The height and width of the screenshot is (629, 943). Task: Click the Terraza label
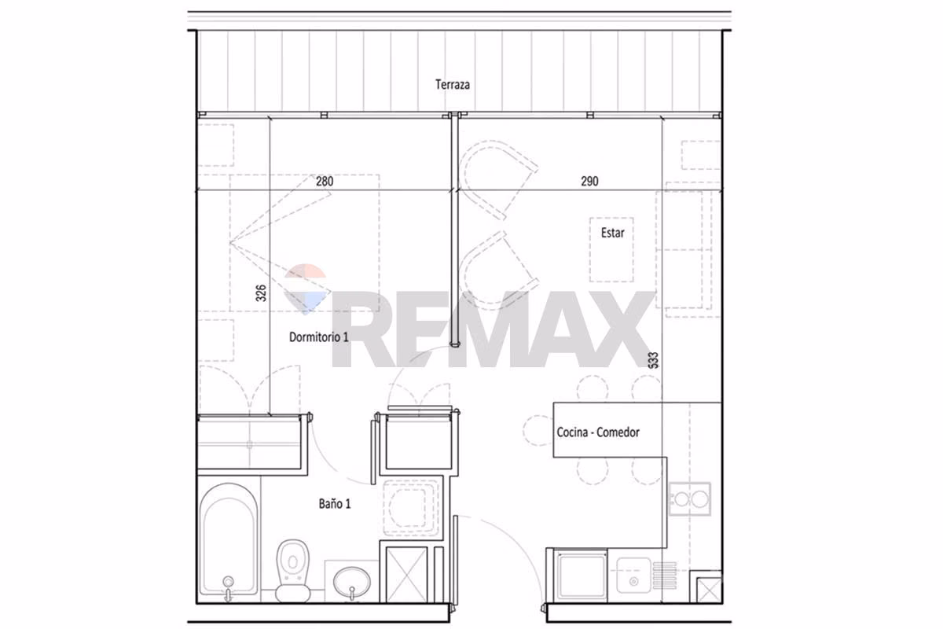pyautogui.click(x=452, y=85)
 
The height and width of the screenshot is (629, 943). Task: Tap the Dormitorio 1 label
pyautogui.click(x=319, y=337)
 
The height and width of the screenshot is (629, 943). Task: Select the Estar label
pyautogui.click(x=612, y=233)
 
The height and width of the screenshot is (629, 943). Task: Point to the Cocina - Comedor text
pyautogui.click(x=598, y=432)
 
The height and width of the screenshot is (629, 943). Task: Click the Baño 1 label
pyautogui.click(x=335, y=503)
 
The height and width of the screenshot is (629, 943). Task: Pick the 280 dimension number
pyautogui.click(x=325, y=181)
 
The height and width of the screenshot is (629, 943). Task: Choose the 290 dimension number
pyautogui.click(x=589, y=181)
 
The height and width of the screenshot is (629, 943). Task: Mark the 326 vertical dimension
pyautogui.click(x=261, y=293)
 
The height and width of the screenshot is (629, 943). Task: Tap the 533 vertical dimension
pyautogui.click(x=653, y=360)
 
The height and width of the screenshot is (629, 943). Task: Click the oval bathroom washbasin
pyautogui.click(x=352, y=583)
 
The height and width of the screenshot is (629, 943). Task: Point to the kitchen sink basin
pyautogui.click(x=633, y=575)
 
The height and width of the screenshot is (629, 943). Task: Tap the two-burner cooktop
pyautogui.click(x=690, y=499)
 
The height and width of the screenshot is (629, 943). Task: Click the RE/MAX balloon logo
pyautogui.click(x=306, y=289)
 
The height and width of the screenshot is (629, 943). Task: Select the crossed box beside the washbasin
pyautogui.click(x=407, y=574)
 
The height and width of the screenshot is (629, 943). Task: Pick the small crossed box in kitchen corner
pyautogui.click(x=709, y=590)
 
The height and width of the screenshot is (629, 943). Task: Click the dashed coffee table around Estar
pyautogui.click(x=611, y=250)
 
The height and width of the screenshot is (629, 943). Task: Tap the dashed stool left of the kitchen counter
pyautogui.click(x=538, y=431)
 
